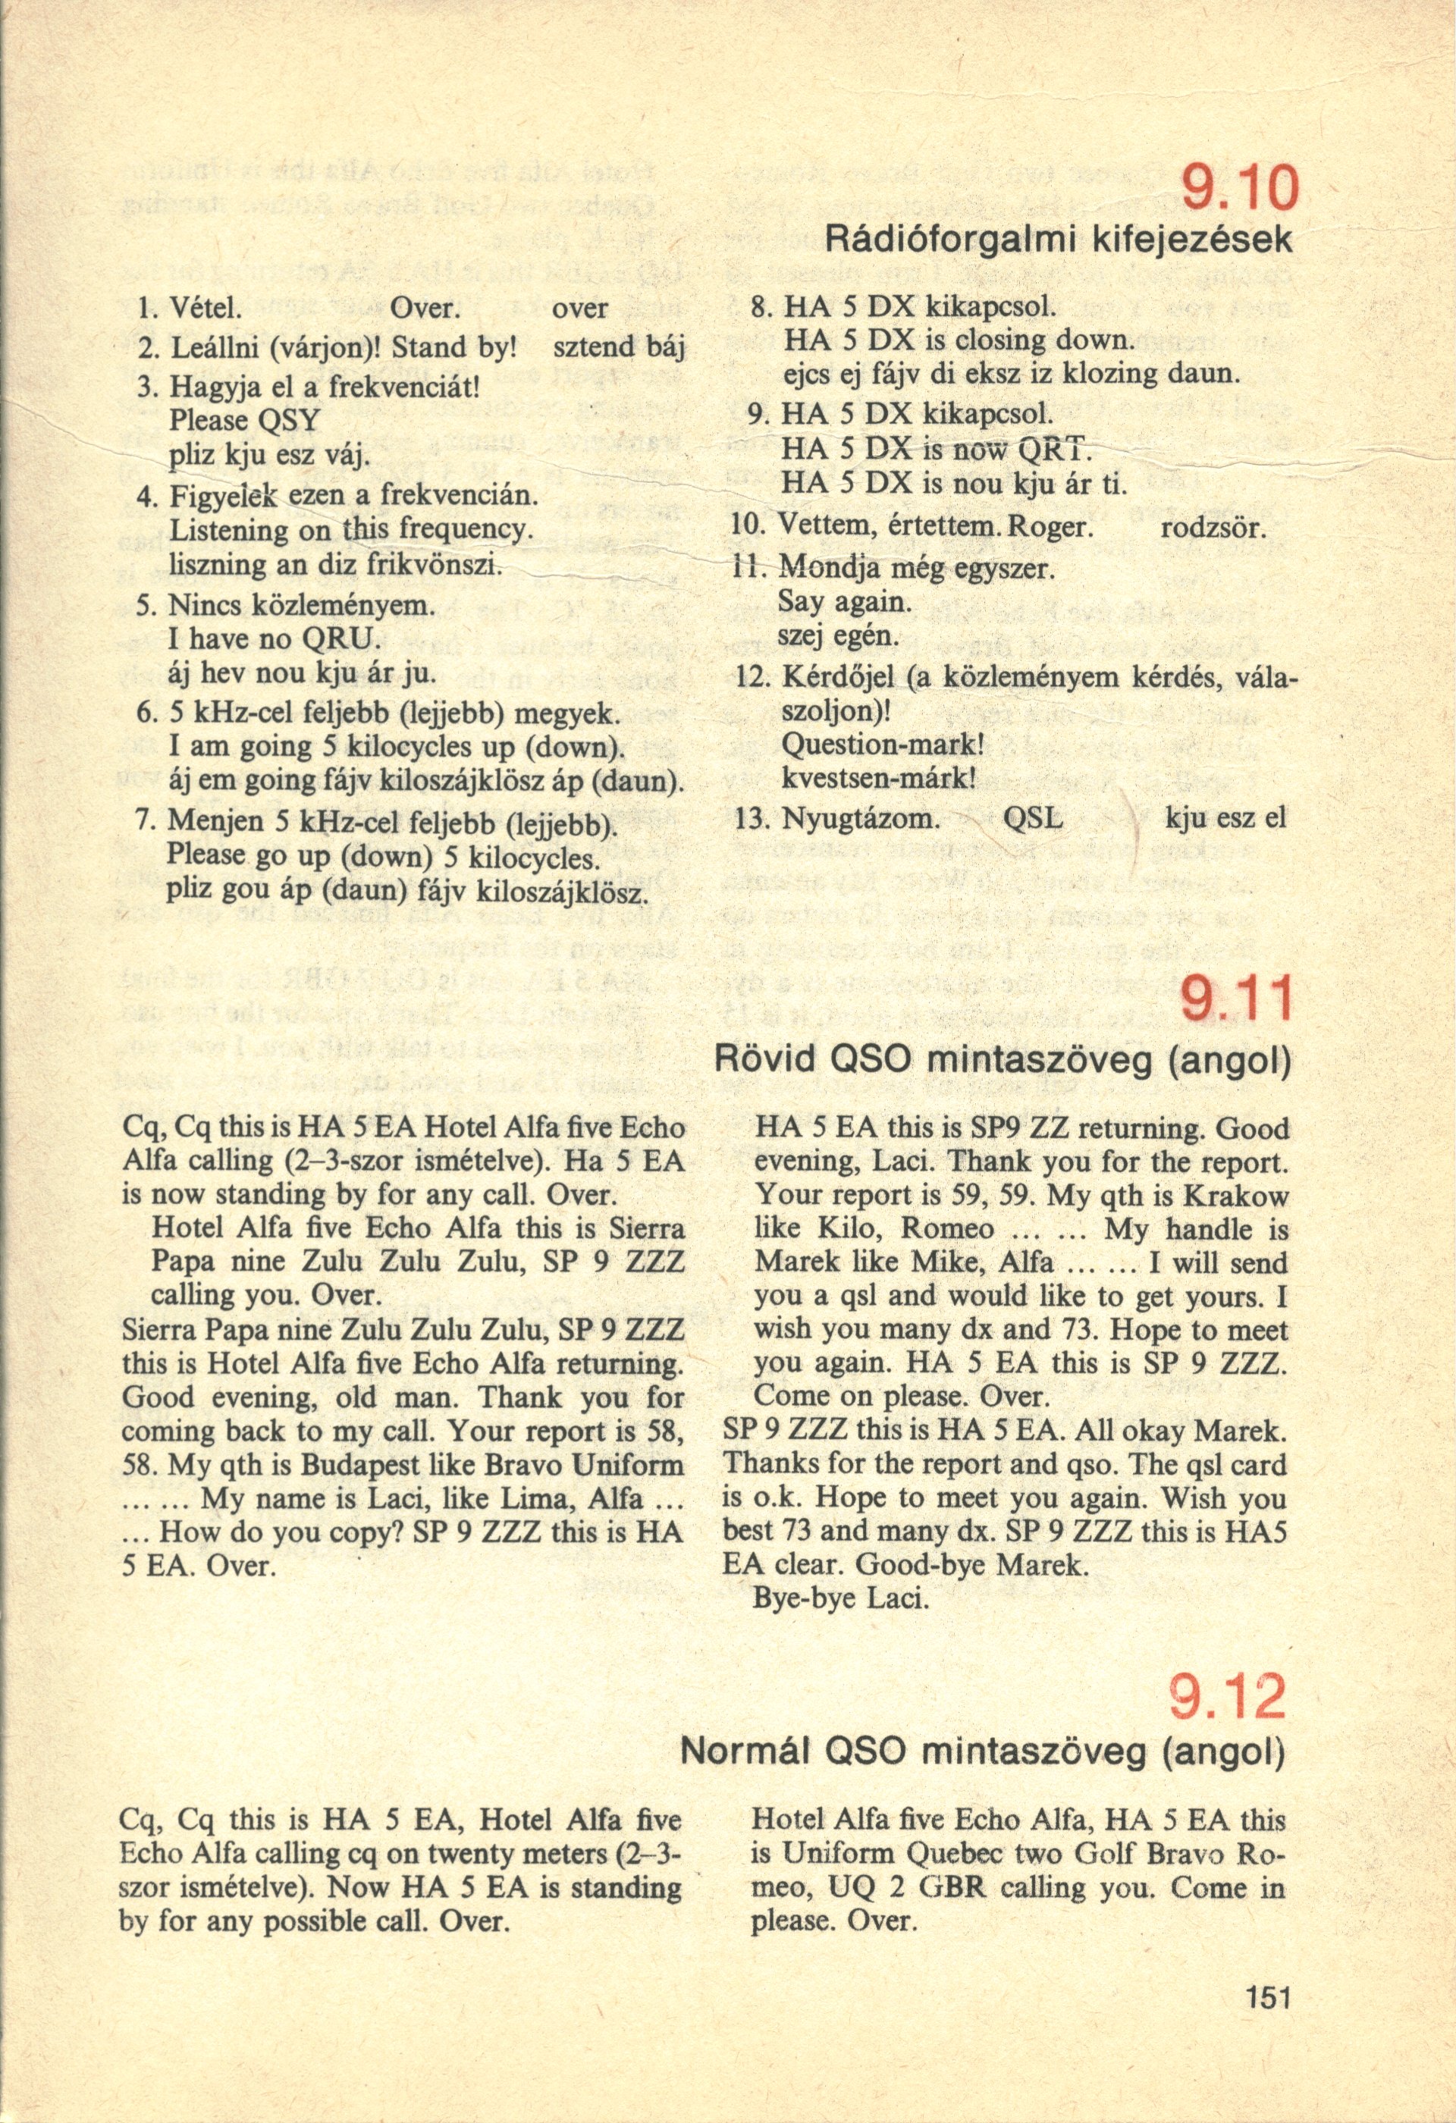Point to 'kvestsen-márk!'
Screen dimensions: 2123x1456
pyautogui.click(x=880, y=780)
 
